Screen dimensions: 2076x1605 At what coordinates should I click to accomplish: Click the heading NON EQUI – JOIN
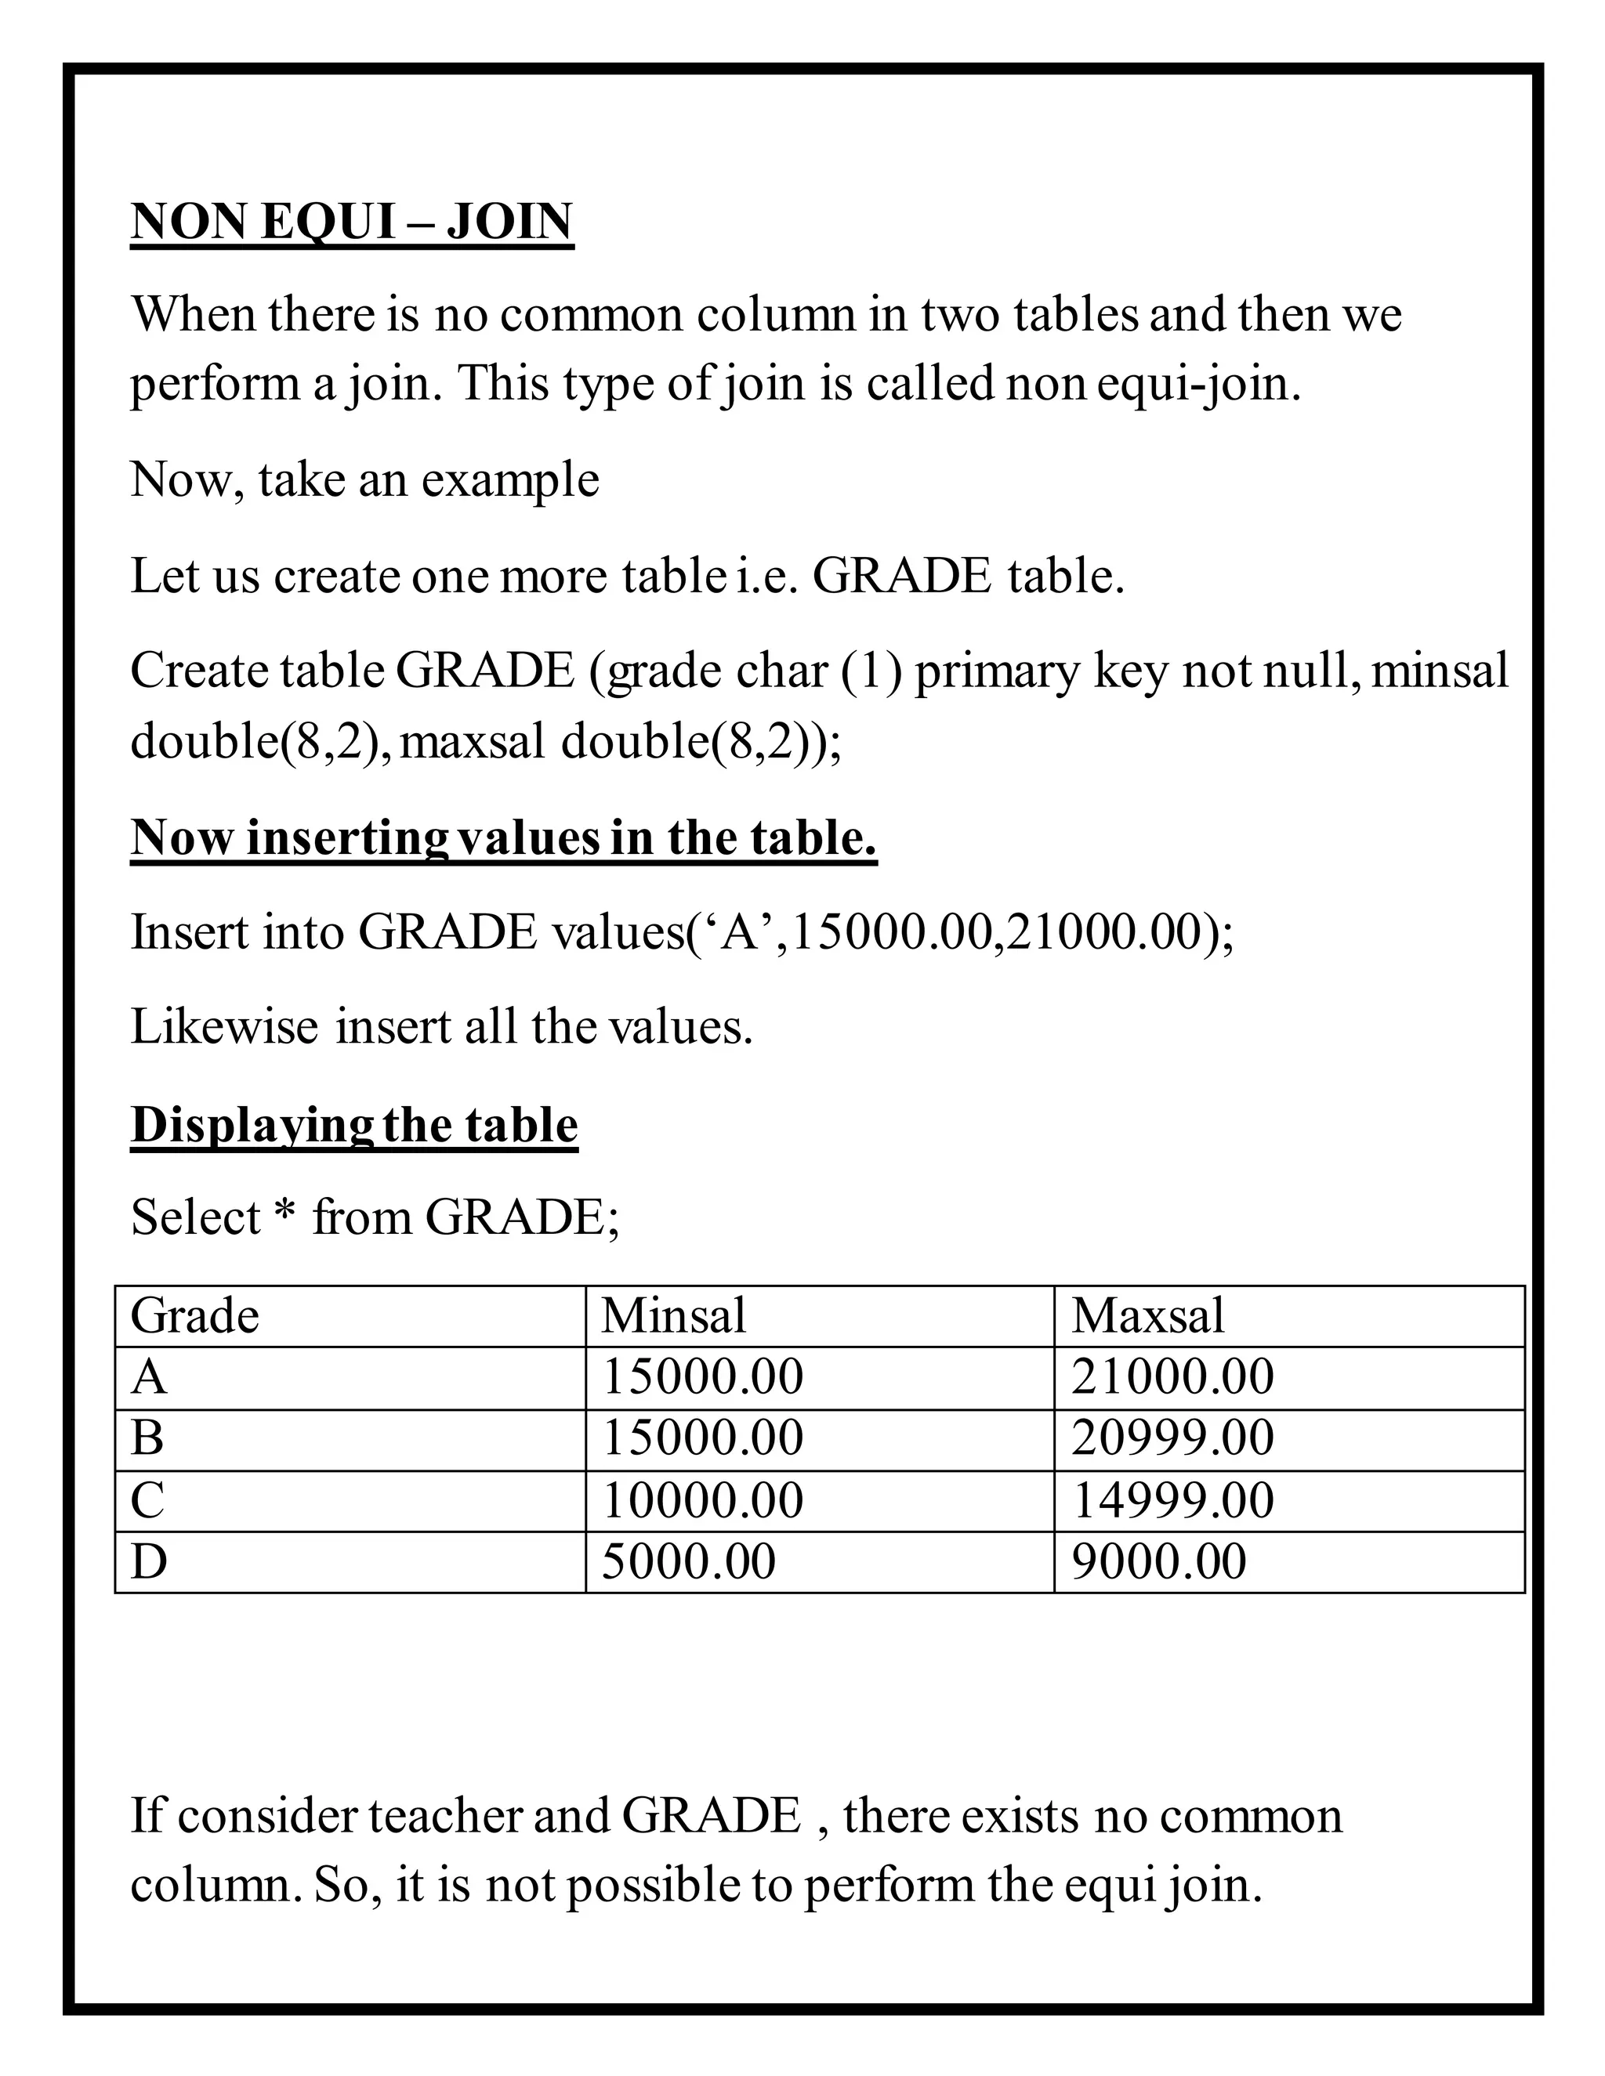(352, 222)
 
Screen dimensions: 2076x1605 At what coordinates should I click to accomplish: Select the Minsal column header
(673, 1317)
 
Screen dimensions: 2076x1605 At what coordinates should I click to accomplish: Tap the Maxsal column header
(1147, 1317)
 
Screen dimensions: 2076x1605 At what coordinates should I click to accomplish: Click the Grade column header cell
(195, 1317)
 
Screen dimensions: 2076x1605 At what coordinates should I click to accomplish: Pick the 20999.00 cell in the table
(1172, 1438)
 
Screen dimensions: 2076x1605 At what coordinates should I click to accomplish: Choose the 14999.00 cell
(1172, 1501)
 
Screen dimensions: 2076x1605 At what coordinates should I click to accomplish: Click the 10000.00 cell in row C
(703, 1501)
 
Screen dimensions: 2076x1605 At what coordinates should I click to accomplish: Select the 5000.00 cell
(688, 1562)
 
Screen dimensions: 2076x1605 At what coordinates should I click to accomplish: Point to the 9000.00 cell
(1158, 1562)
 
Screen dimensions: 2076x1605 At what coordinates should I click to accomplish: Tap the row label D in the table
(149, 1562)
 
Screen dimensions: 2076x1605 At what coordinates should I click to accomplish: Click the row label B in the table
(147, 1438)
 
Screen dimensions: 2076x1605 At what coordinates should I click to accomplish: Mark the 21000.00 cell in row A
(1172, 1377)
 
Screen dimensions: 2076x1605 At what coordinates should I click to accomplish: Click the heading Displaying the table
(353, 1126)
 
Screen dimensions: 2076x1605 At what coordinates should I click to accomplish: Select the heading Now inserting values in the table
(503, 838)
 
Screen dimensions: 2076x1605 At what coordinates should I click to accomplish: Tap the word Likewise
(224, 1028)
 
